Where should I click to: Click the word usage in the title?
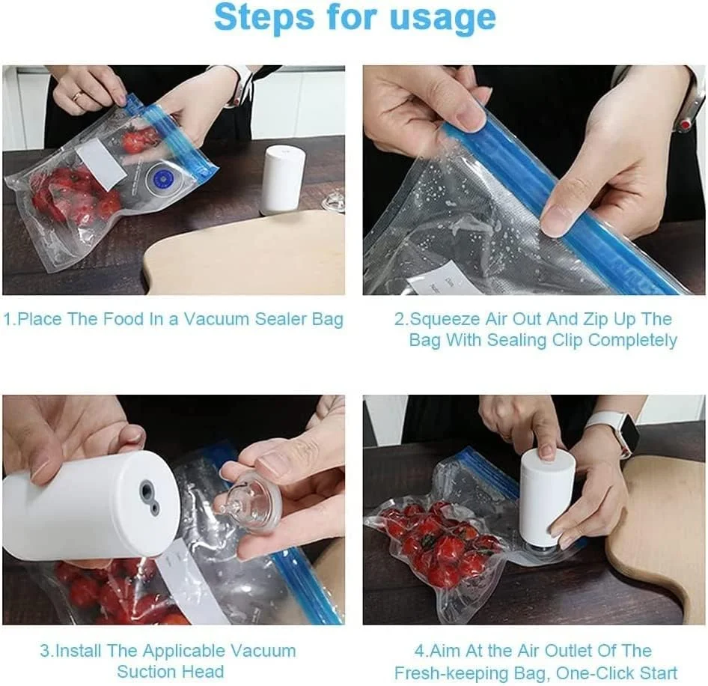click(x=442, y=18)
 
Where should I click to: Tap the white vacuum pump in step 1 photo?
click(x=284, y=179)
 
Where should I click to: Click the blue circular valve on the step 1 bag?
click(x=161, y=177)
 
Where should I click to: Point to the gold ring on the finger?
click(x=77, y=96)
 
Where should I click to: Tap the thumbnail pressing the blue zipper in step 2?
click(x=558, y=222)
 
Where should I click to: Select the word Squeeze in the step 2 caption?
click(x=445, y=319)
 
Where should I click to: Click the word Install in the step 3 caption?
click(x=79, y=651)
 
